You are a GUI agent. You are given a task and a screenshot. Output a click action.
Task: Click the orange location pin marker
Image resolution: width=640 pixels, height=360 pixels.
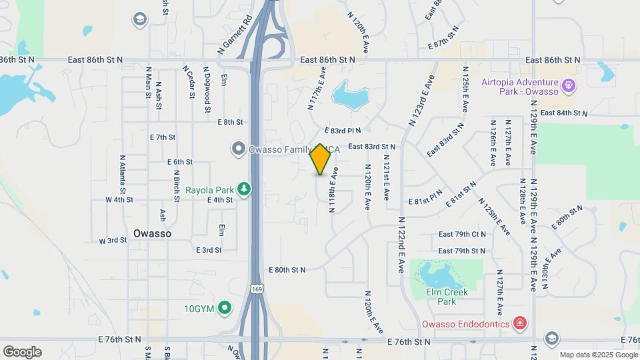coord(320,159)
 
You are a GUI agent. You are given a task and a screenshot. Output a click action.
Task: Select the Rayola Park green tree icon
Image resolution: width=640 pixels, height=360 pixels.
coord(245,189)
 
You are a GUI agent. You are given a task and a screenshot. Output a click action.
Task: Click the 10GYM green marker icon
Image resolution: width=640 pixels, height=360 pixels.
coord(225,308)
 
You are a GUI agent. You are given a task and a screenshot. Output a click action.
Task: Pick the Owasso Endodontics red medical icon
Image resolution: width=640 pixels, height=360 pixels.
coord(519,324)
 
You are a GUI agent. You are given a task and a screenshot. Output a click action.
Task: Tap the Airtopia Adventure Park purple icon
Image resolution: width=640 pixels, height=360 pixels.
coord(568,85)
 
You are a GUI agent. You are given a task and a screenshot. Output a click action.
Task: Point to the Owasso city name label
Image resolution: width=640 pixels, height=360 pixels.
coord(152,234)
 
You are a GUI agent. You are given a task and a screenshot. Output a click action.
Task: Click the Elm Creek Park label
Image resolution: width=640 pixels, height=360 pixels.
coord(447,297)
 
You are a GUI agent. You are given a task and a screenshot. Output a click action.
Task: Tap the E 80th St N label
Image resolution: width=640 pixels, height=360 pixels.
coord(287,270)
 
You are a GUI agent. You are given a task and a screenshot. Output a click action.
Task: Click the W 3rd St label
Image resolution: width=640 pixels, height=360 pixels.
coord(113,240)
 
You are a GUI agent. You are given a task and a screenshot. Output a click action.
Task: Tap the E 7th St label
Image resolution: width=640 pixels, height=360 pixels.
coord(162,137)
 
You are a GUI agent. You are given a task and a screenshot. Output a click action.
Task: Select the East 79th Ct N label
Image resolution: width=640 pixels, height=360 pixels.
coord(462,235)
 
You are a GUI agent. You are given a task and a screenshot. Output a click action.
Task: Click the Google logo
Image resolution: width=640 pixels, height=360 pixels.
coord(22,352)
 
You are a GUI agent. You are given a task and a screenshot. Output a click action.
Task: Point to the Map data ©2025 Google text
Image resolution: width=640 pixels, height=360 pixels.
coord(599,355)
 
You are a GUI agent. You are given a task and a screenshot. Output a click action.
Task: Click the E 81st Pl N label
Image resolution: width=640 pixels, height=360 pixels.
coord(425,200)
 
